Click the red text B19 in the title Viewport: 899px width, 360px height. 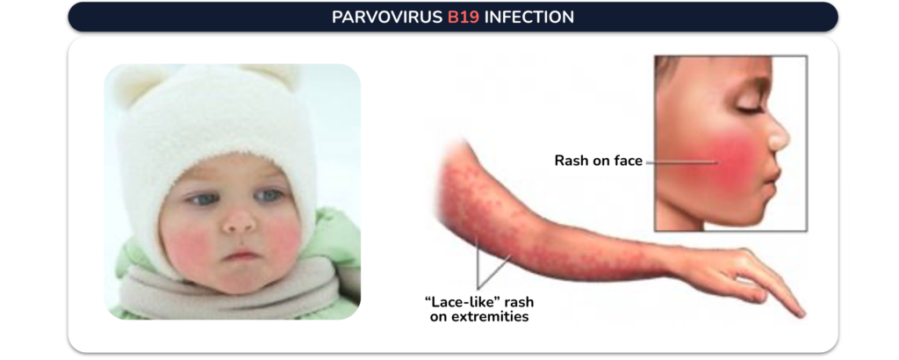[x=464, y=18]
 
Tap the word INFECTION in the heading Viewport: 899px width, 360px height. [x=529, y=18]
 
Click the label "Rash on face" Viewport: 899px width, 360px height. [x=599, y=161]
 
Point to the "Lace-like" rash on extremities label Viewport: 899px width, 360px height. [x=479, y=308]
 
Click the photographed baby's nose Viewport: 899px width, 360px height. [x=239, y=220]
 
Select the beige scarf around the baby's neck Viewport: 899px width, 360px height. [x=229, y=286]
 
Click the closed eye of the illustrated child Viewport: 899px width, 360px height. [x=744, y=108]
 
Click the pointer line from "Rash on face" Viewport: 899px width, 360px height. [x=681, y=162]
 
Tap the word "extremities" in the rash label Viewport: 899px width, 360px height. [x=479, y=316]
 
